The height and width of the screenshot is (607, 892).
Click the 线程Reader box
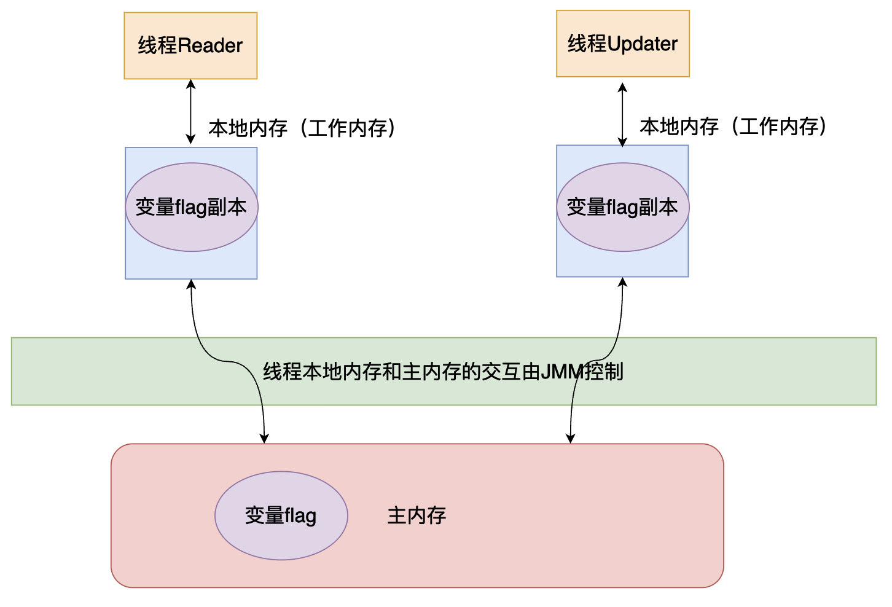190,45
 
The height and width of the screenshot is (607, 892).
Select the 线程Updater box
623,44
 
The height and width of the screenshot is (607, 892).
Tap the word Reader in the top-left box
210,45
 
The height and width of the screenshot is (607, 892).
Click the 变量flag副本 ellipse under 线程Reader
192,207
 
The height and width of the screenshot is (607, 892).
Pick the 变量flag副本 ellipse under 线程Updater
623,207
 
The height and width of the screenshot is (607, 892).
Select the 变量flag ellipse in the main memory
281,516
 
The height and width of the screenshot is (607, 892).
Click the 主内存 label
417,516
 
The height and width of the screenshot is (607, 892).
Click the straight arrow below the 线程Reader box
190,112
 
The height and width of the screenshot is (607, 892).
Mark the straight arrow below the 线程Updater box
622,115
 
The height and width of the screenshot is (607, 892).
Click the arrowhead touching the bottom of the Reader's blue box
191,284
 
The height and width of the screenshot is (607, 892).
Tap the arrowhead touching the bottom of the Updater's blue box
622,282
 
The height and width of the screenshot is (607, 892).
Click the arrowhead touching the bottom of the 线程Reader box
190,84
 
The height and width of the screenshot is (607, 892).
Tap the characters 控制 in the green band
604,372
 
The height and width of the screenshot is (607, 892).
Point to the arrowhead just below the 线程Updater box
622,88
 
